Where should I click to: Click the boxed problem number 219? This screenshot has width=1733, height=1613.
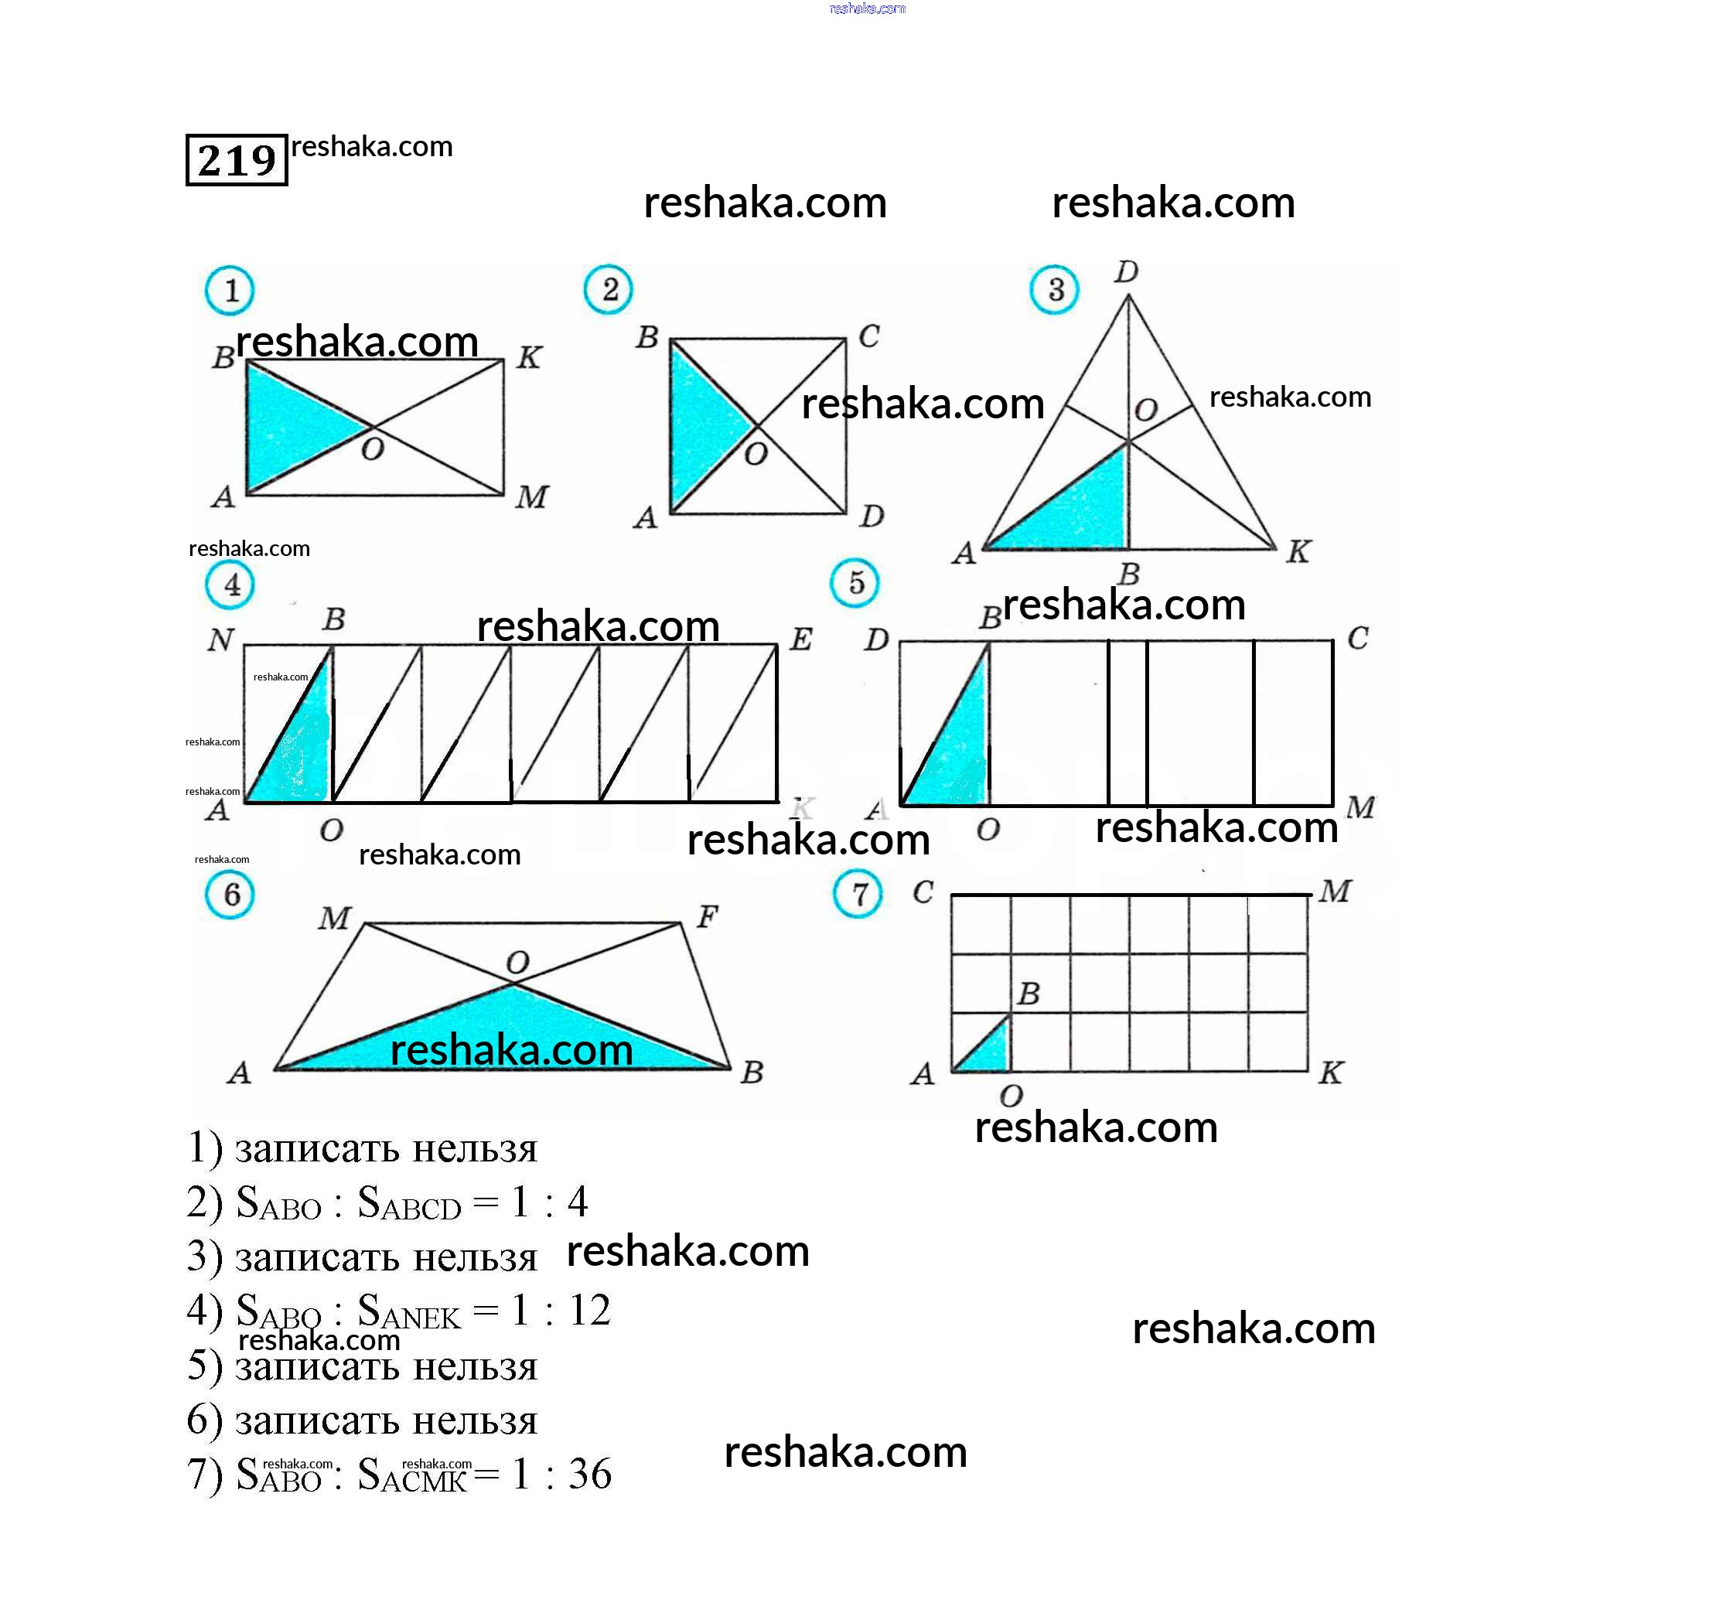tap(236, 160)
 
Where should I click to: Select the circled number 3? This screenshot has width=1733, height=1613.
tap(1055, 289)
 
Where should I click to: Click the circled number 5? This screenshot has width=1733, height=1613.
tap(855, 582)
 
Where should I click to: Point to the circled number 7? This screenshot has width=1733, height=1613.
tap(858, 894)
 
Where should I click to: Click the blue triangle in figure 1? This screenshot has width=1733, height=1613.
tap(288, 428)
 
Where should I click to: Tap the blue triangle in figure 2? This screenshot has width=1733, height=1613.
tap(701, 428)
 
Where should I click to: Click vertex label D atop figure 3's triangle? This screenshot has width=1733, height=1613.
tap(1126, 272)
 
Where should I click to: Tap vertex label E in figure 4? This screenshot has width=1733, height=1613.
tap(801, 640)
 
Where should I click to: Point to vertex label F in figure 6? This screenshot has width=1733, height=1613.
tap(707, 916)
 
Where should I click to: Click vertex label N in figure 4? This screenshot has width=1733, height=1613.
tap(220, 641)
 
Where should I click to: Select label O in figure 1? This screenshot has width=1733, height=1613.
tap(372, 450)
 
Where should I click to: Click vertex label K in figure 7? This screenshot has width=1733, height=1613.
tap(1330, 1072)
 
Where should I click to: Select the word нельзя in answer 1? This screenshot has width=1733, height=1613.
tap(474, 1149)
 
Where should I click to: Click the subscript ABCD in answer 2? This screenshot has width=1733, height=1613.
tap(421, 1209)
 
